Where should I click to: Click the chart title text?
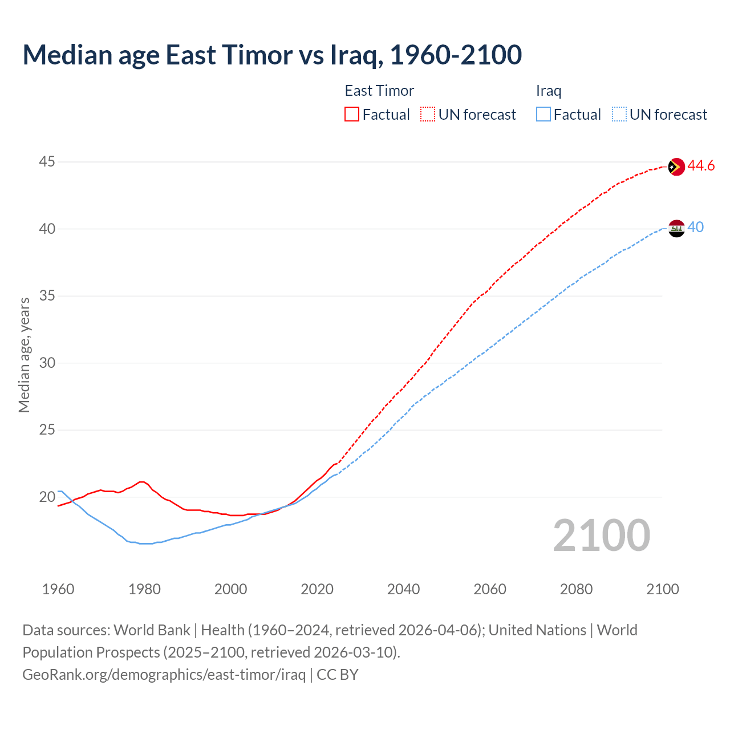coord(272,55)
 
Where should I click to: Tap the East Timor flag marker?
coord(676,167)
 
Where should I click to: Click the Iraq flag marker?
coord(676,228)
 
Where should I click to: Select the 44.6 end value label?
coord(701,166)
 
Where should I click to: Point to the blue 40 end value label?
coord(695,227)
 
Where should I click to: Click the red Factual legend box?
coord(352,115)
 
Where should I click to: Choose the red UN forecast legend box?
coord(428,115)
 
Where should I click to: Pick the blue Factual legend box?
coord(544,115)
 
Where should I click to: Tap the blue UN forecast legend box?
coord(619,115)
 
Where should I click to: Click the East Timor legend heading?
coord(379,91)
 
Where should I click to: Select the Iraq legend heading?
coord(549,91)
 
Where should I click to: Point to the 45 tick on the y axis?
coord(47,162)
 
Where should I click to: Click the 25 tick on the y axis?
coord(47,429)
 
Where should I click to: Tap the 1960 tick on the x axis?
coord(58,589)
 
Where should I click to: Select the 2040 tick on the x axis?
coord(403,589)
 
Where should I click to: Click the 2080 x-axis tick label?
coord(576,589)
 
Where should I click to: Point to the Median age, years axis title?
coord(24,355)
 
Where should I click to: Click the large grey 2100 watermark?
coord(602,535)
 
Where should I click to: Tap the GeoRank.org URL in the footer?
coord(164,675)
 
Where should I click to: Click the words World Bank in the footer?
coord(152,630)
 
